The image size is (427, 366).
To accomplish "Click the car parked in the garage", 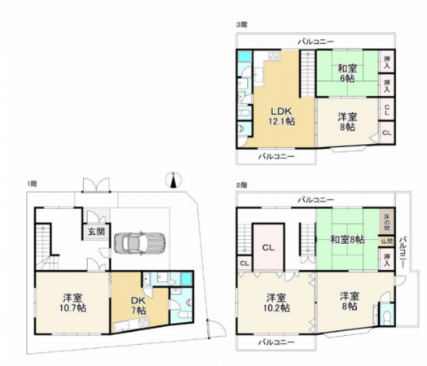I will tap(140, 242).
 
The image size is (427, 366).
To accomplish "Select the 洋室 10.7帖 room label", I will tap(68, 302).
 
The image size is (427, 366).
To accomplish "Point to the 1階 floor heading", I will tap(31, 185).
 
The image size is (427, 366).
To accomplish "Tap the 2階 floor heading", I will tap(241, 185).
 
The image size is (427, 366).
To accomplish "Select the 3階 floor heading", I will tap(241, 25).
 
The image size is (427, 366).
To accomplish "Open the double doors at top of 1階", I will tap(95, 185).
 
